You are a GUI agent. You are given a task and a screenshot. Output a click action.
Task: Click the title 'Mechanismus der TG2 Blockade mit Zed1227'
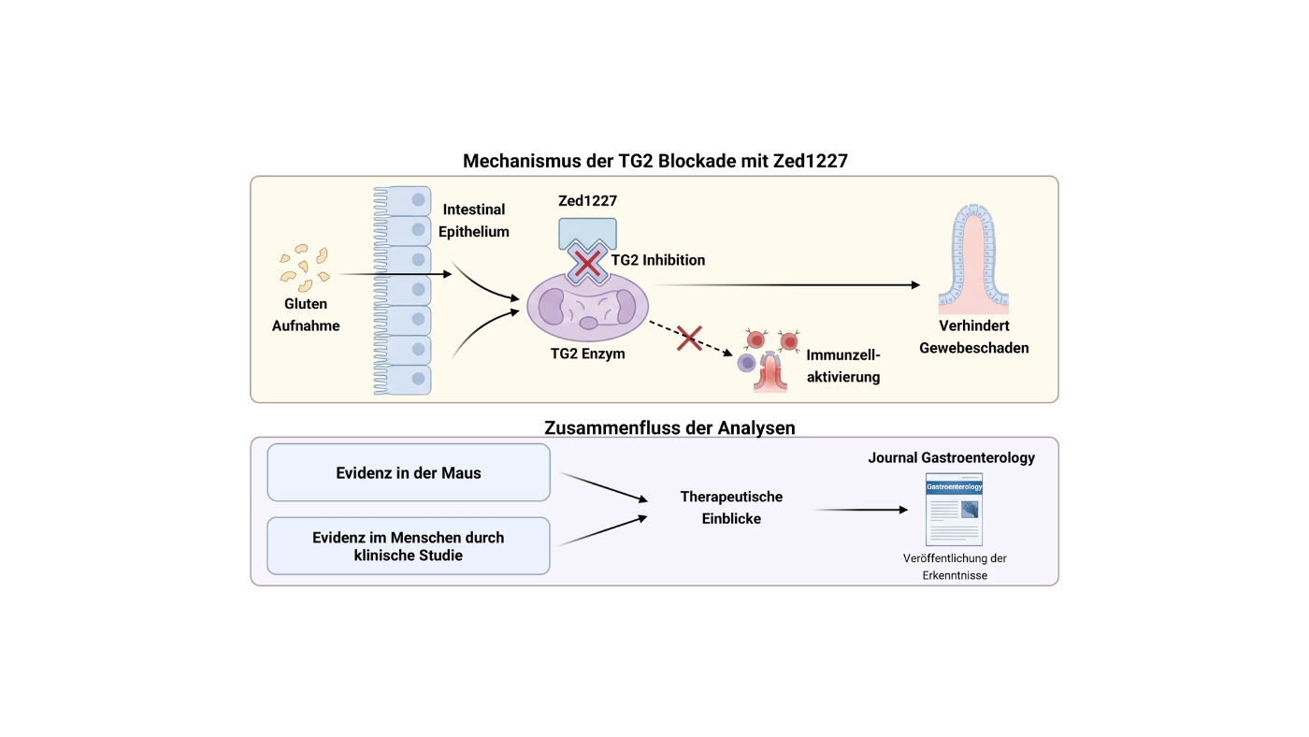[x=655, y=161]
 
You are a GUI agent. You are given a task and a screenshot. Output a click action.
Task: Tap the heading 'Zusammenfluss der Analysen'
[x=669, y=427]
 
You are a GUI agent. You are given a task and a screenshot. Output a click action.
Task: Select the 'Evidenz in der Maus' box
[x=409, y=472]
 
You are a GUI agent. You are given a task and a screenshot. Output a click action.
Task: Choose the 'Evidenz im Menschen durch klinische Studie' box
[x=409, y=546]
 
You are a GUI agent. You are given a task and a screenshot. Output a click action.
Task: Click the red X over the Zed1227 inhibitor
[x=587, y=264]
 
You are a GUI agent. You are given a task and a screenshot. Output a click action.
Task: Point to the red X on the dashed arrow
[x=690, y=338]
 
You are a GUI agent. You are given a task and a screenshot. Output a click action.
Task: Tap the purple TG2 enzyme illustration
[x=587, y=307]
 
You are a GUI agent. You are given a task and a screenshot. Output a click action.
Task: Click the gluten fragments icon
[x=305, y=267]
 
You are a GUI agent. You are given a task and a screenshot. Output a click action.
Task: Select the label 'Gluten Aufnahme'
[x=306, y=314]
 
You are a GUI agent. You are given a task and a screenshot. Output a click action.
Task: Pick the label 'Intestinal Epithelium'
[x=474, y=221]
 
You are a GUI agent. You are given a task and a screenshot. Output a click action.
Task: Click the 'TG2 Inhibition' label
[x=658, y=260]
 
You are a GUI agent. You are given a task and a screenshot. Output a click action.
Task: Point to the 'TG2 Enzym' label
[x=588, y=354]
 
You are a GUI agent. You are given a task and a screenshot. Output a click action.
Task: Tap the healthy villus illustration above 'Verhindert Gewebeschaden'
[x=973, y=258]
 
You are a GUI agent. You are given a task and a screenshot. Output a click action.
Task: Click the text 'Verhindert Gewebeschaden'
[x=974, y=337]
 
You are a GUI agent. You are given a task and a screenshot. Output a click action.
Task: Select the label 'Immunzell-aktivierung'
[x=843, y=366]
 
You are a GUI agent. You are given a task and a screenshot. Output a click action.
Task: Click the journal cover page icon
[x=955, y=510]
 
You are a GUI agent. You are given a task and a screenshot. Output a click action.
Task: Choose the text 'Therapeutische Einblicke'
[x=731, y=507]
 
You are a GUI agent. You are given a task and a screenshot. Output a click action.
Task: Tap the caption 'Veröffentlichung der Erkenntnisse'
[x=955, y=567]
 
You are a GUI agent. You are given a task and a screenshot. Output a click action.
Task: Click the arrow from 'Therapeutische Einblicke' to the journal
[x=861, y=510]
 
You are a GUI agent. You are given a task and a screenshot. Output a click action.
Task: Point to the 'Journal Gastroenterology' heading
[x=952, y=457]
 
